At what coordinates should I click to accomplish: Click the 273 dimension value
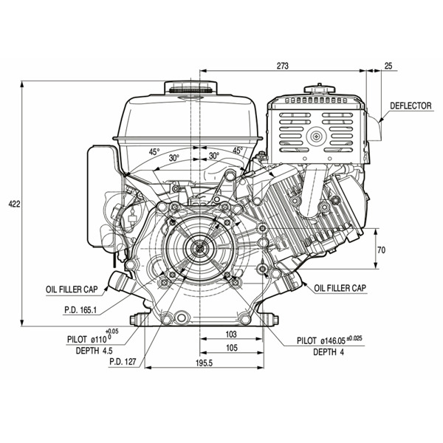pos(282,66)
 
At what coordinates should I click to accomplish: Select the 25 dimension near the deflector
pos(388,66)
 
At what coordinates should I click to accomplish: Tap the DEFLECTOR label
pos(411,106)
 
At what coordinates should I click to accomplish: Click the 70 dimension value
pos(381,250)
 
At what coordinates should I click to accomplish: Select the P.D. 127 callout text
pos(126,362)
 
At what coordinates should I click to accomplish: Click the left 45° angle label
pos(154,151)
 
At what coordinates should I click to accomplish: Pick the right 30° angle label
pos(213,156)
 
